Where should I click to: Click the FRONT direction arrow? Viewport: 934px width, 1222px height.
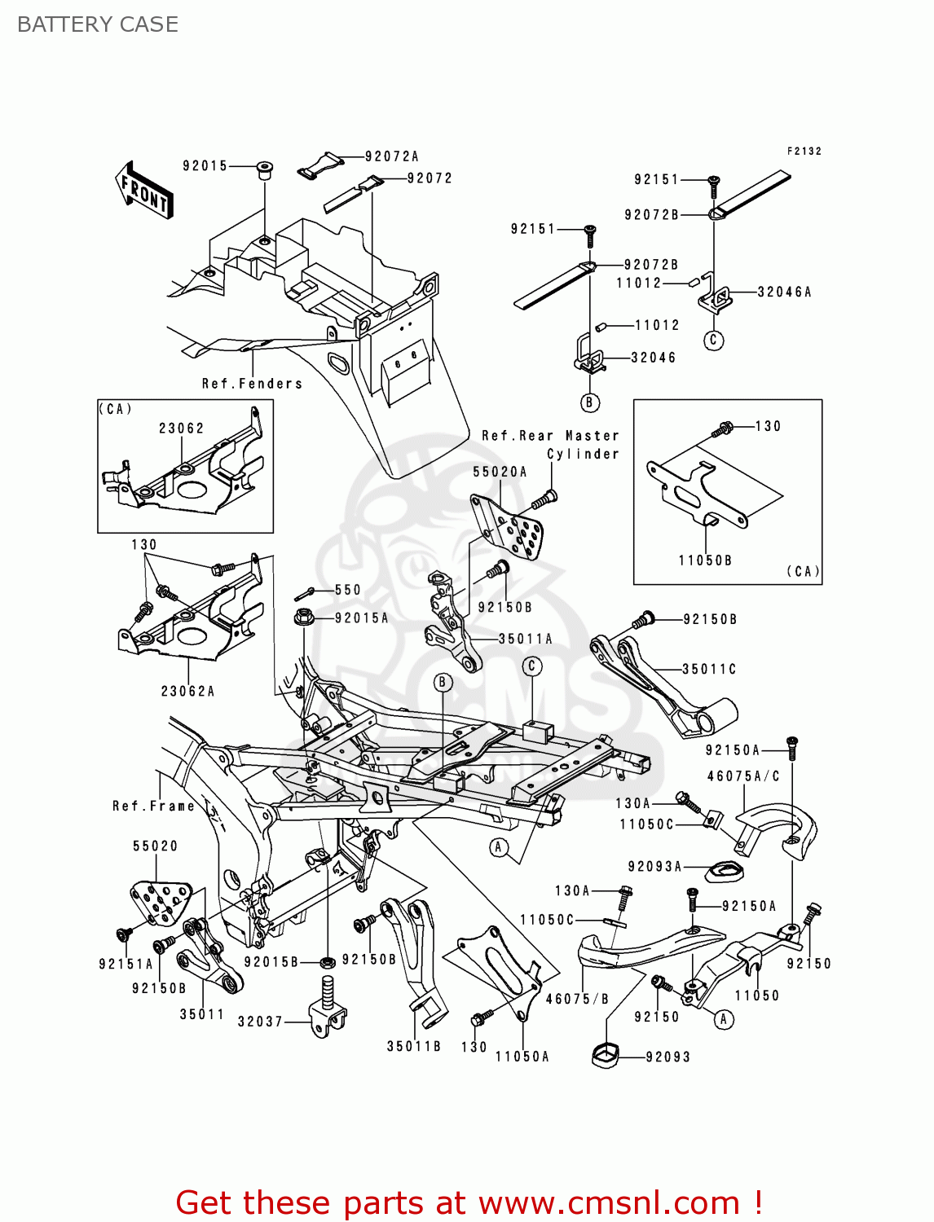(144, 191)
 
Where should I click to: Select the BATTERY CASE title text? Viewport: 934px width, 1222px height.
(98, 24)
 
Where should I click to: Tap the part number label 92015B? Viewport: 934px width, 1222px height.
(271, 962)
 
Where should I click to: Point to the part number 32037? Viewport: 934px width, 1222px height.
(260, 1022)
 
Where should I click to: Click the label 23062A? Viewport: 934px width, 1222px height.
(187, 692)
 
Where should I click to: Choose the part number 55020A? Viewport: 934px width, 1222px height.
(500, 472)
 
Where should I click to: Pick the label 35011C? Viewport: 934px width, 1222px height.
(708, 670)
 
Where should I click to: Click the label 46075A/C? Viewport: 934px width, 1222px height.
(742, 776)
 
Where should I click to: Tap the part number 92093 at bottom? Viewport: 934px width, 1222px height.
(667, 1057)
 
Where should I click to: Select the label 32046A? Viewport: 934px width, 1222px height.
(784, 292)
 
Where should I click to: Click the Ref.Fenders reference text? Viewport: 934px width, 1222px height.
(252, 384)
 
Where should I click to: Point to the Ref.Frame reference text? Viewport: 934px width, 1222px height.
(153, 807)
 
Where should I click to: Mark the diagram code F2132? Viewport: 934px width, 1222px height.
(804, 152)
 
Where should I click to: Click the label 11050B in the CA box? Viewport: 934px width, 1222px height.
(705, 560)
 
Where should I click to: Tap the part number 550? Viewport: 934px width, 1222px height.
(347, 590)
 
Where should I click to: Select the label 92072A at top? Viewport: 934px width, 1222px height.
(391, 156)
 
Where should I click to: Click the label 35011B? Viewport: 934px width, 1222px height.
(413, 1047)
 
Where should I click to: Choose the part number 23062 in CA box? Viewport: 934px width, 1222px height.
(181, 429)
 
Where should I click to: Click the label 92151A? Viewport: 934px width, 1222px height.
(126, 965)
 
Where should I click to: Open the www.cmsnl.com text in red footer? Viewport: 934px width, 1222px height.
(608, 1202)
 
